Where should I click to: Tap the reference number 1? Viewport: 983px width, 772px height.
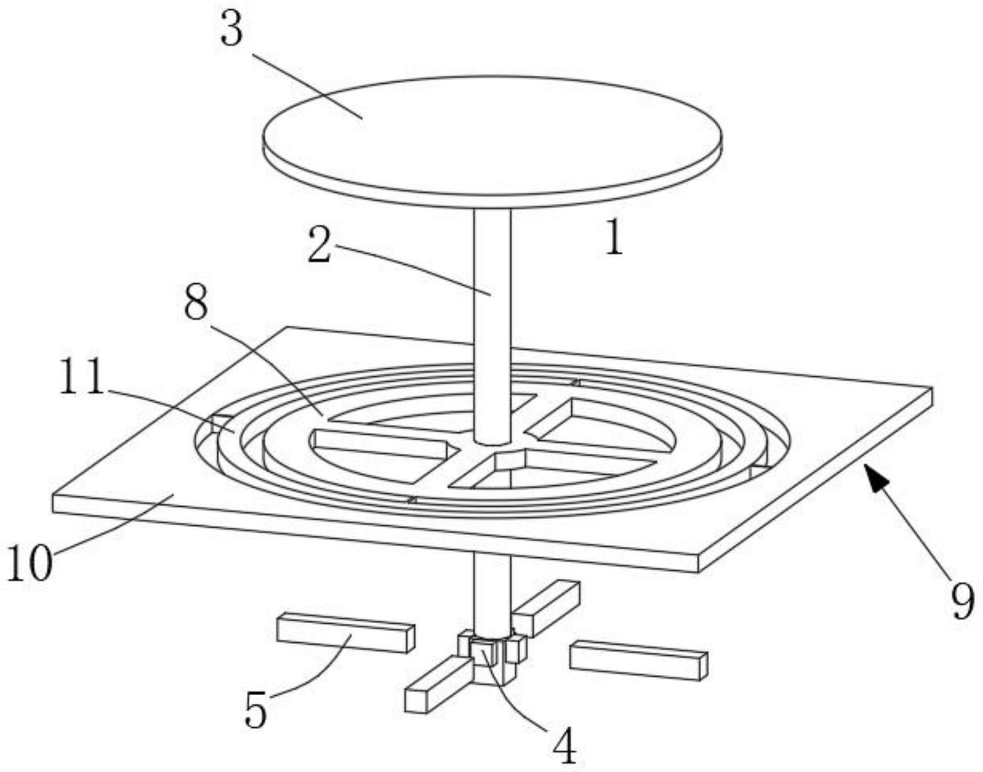click(x=614, y=238)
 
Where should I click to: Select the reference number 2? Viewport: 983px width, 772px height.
click(x=319, y=245)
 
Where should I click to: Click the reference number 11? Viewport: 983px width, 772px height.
click(x=81, y=376)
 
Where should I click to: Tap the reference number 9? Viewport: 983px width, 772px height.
click(x=962, y=602)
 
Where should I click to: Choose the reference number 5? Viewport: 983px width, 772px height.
click(x=256, y=710)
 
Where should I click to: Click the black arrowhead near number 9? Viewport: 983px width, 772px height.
click(x=877, y=478)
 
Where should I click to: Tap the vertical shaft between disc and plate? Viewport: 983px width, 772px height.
click(x=492, y=326)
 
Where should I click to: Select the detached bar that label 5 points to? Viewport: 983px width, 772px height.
click(x=346, y=632)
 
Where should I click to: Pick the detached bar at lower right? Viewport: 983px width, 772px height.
click(x=638, y=660)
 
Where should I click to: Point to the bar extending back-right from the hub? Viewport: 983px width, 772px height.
click(x=545, y=609)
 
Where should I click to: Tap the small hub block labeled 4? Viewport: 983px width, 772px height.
click(x=485, y=652)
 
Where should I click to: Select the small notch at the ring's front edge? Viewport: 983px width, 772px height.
click(x=412, y=500)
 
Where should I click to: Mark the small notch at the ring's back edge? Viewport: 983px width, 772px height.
click(x=575, y=382)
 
